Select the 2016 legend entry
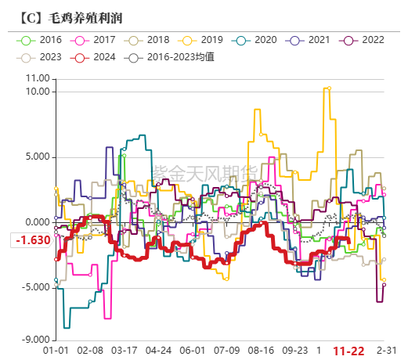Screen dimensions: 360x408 point(42,39)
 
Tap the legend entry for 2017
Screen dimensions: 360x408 point(98,39)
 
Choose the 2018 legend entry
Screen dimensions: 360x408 point(150,39)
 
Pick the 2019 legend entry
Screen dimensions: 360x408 point(204,39)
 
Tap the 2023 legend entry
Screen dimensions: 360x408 point(42,57)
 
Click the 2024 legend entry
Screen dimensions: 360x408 point(97,57)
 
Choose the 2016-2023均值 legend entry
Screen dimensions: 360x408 point(170,57)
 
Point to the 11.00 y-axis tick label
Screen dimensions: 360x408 point(36,78)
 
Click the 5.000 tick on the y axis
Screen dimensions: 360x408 point(36,157)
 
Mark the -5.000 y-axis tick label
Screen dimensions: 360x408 point(34,287)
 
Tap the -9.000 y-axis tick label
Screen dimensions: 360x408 point(34,340)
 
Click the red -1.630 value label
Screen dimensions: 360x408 point(31,240)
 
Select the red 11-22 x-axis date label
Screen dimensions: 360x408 point(349,351)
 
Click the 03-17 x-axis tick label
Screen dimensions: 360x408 point(125,351)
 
